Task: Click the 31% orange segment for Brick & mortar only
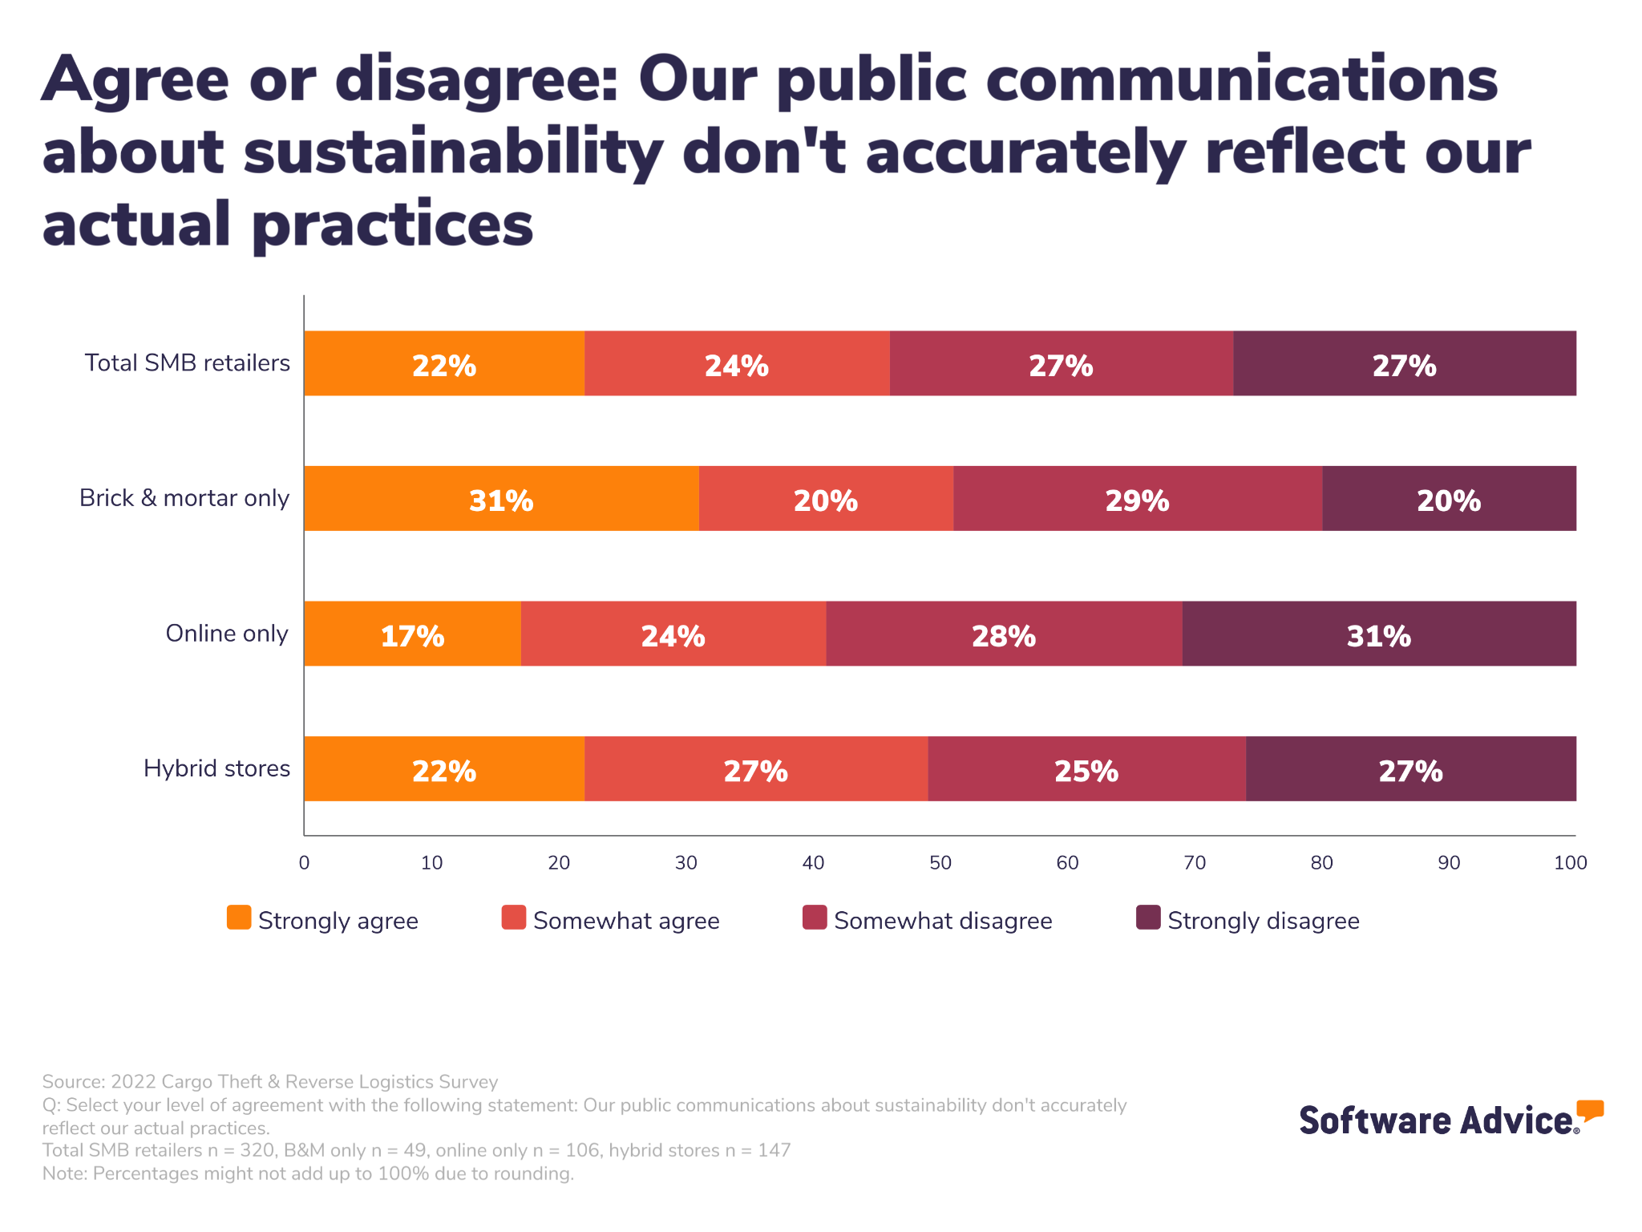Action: (501, 498)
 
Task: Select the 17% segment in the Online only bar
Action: (412, 634)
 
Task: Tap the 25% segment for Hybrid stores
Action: (1086, 768)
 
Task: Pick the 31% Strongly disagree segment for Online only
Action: (1378, 634)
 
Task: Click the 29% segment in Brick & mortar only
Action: (1137, 498)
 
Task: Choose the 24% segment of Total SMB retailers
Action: (736, 363)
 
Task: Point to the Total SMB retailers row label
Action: (188, 363)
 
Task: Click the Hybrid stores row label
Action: (216, 768)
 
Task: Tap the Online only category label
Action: (227, 634)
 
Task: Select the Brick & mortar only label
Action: (184, 498)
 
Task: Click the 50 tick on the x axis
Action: (940, 863)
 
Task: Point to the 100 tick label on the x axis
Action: (1570, 863)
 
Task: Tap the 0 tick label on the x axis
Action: (304, 863)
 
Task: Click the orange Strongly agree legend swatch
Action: (239, 918)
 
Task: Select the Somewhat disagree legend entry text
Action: (943, 921)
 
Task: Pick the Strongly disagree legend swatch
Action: (1148, 918)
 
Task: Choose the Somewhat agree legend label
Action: (626, 921)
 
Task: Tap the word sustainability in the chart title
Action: (453, 152)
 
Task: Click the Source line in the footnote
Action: (270, 1082)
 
